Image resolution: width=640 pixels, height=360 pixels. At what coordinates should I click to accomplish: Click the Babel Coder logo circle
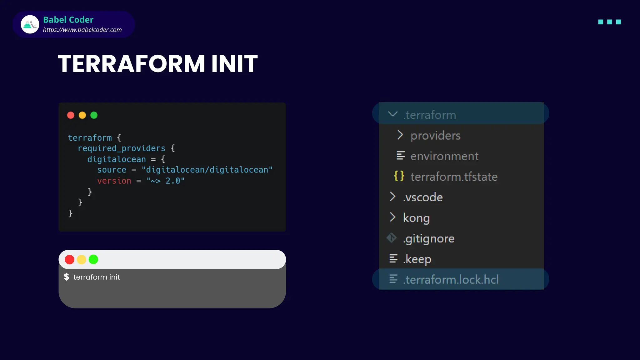pyautogui.click(x=30, y=24)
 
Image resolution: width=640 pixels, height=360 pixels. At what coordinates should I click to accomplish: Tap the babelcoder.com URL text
pyautogui.click(x=82, y=30)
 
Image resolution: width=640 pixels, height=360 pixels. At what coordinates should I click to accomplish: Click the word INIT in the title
pyautogui.click(x=234, y=64)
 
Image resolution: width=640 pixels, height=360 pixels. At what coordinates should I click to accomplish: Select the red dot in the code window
pyautogui.click(x=71, y=115)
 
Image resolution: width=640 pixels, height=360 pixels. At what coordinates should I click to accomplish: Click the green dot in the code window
pyautogui.click(x=94, y=115)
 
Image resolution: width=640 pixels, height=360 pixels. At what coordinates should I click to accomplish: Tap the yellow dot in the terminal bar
pyautogui.click(x=81, y=259)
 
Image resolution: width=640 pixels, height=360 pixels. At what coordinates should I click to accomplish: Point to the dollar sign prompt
pyautogui.click(x=67, y=277)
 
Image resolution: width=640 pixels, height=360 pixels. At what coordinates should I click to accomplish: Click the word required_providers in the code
pyautogui.click(x=121, y=148)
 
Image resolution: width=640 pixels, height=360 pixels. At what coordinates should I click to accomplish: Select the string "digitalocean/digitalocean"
pyautogui.click(x=207, y=170)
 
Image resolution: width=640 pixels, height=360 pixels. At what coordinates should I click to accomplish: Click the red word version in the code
pyautogui.click(x=114, y=181)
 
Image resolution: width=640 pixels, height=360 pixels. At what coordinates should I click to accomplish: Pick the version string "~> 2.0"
pyautogui.click(x=165, y=181)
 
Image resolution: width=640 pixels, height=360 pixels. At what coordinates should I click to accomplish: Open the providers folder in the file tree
pyautogui.click(x=435, y=136)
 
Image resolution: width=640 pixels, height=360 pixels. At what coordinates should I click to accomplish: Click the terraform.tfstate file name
pyautogui.click(x=454, y=177)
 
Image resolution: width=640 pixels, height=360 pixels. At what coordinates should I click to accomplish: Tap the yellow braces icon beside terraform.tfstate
pyautogui.click(x=399, y=176)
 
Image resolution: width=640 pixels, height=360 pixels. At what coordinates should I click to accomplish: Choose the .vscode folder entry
pyautogui.click(x=423, y=197)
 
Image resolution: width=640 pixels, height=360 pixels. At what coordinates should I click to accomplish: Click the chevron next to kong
pyautogui.click(x=392, y=217)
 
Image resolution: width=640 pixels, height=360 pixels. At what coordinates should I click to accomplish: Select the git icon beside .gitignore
pyautogui.click(x=392, y=238)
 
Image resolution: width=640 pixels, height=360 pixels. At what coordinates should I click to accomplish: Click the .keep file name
pyautogui.click(x=417, y=259)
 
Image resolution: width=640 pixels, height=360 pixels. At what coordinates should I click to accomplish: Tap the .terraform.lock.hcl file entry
pyautogui.click(x=451, y=280)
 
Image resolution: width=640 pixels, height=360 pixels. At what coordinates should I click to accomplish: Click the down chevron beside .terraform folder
pyautogui.click(x=392, y=114)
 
